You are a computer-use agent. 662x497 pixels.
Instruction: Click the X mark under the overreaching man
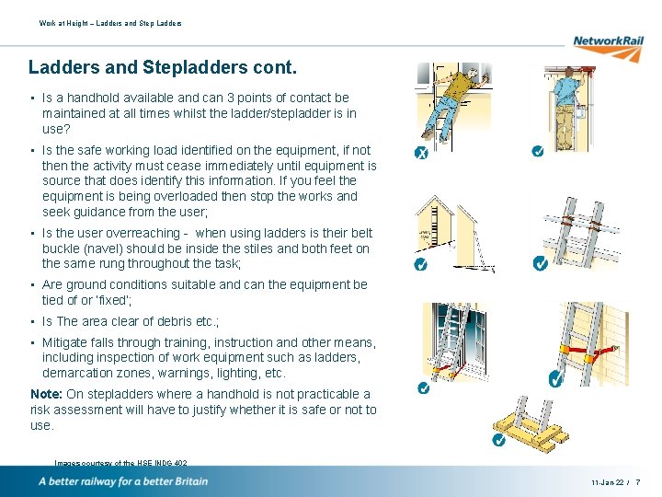[x=419, y=152]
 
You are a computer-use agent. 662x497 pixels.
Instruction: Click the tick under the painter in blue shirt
[x=537, y=150]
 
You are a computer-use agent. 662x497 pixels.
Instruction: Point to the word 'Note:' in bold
[x=47, y=394]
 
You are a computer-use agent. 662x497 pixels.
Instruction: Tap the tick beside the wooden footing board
[x=497, y=440]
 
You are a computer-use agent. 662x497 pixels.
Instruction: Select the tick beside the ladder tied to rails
[x=541, y=264]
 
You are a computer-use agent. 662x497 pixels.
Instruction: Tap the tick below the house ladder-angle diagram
[x=420, y=264]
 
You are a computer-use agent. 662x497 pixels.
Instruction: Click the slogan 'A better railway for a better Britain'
[x=123, y=481]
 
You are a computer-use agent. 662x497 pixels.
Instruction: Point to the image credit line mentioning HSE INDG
[x=121, y=463]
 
